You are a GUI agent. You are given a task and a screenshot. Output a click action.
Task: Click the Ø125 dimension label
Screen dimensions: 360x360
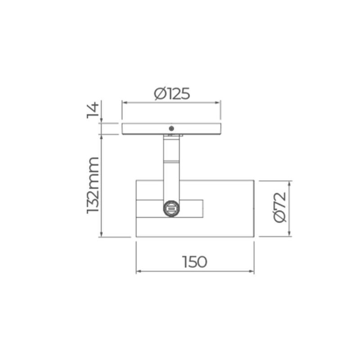point(171,94)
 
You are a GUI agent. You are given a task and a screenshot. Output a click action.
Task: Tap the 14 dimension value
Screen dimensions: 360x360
point(92,110)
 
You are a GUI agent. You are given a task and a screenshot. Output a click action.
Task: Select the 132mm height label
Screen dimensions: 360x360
point(93,185)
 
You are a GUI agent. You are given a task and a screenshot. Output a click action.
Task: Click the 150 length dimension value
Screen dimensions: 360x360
point(194,261)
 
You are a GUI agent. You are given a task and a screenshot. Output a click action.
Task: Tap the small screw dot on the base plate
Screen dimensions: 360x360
point(171,128)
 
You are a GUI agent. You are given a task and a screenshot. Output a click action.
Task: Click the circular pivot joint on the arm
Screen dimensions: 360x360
point(171,209)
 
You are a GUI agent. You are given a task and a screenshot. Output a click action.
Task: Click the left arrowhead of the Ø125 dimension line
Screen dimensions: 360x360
point(124,103)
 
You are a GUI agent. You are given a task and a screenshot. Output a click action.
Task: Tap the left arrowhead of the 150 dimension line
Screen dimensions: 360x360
point(138,271)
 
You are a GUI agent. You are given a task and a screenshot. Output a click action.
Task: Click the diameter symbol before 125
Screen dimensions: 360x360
point(160,94)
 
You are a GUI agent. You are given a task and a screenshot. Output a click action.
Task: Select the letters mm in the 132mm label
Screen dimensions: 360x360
point(93,170)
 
